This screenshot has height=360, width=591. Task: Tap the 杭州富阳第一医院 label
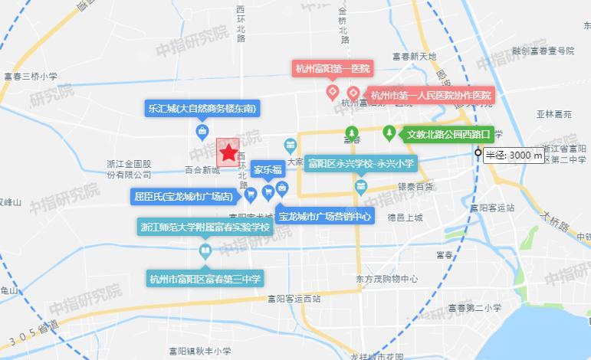pyautogui.click(x=332, y=69)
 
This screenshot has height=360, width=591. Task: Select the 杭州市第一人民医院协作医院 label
pyautogui.click(x=430, y=96)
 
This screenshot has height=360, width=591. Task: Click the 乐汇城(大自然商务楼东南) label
pyautogui.click(x=201, y=108)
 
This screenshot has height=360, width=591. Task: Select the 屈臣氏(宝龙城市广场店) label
pyautogui.click(x=184, y=197)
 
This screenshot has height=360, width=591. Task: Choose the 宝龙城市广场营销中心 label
pyautogui.click(x=325, y=217)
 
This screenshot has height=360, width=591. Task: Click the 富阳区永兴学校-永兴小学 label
pyautogui.click(x=361, y=163)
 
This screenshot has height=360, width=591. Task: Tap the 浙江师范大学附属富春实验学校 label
pyautogui.click(x=205, y=227)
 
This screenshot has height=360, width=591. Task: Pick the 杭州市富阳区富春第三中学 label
pyautogui.click(x=205, y=278)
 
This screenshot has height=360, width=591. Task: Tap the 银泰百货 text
pyautogui.click(x=415, y=187)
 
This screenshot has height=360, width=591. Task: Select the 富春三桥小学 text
pyautogui.click(x=31, y=76)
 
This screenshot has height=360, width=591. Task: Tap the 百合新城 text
pyautogui.click(x=202, y=170)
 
